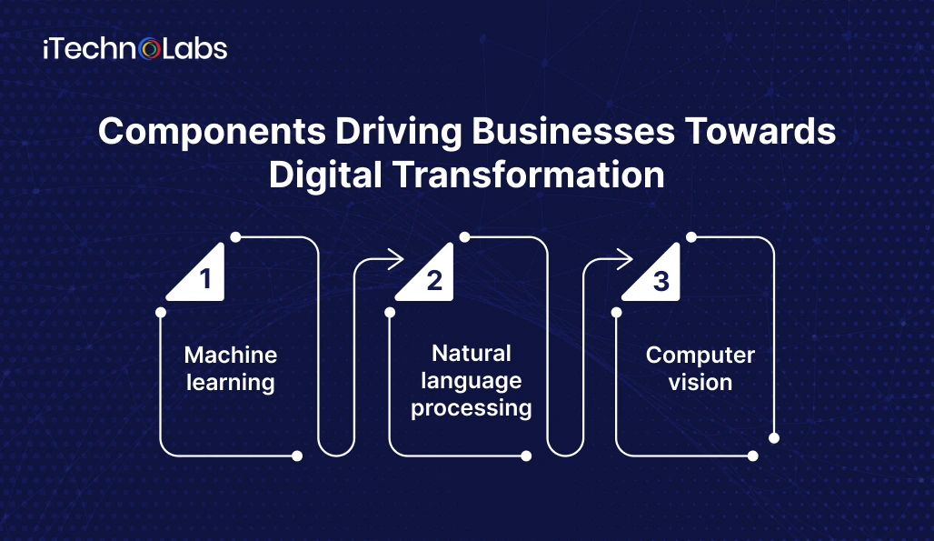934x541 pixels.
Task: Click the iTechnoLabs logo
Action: [135, 49]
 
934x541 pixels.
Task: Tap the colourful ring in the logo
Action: [150, 49]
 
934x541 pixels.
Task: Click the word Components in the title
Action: [212, 132]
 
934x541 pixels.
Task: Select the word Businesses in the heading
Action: [573, 131]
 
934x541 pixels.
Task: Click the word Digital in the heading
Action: [325, 175]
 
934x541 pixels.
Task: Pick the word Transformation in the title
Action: [529, 175]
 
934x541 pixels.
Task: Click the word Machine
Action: [231, 356]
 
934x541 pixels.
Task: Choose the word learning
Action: [231, 383]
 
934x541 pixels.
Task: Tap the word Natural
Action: [472, 354]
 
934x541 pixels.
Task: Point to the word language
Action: [472, 381]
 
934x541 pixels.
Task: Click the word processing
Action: [472, 409]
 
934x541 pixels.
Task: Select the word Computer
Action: [700, 356]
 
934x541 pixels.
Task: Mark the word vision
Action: [700, 383]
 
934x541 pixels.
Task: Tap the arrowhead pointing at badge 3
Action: [625, 258]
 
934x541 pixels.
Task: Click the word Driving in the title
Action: [399, 132]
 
